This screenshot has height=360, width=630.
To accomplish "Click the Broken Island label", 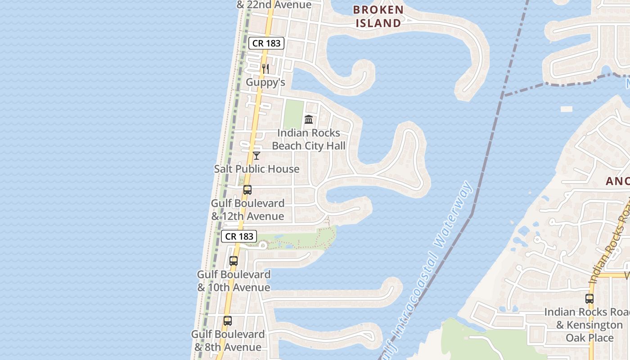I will pos(378,16).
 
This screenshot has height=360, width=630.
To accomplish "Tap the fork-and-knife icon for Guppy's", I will pos(265,69).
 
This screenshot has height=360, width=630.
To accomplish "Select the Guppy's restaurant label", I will pos(265,82).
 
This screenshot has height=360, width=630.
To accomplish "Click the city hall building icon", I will pos(309,119).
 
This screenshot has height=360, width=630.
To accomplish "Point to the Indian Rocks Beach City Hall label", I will pos(309,139).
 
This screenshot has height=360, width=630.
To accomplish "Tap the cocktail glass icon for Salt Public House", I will pos(256,156).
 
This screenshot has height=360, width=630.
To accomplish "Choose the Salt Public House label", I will pos(256,169).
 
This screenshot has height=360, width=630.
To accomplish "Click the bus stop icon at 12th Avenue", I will pos(247,190).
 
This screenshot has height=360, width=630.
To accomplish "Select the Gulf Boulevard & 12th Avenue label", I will pos(247,210).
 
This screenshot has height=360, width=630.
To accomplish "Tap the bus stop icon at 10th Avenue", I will pos(234,261).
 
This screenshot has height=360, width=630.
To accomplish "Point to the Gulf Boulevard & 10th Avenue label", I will pos(234,281).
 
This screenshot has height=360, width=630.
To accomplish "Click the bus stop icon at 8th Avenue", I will pos(228,321).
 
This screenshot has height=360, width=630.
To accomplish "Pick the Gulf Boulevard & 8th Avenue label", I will pos(228,341).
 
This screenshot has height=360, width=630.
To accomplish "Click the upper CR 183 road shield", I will pos(266,43).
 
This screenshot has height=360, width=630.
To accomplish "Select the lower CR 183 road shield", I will pos(239,236).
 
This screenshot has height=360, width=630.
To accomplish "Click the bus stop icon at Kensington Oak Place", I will pos(589,298).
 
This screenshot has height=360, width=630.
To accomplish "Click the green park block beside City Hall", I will pos(293,115).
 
